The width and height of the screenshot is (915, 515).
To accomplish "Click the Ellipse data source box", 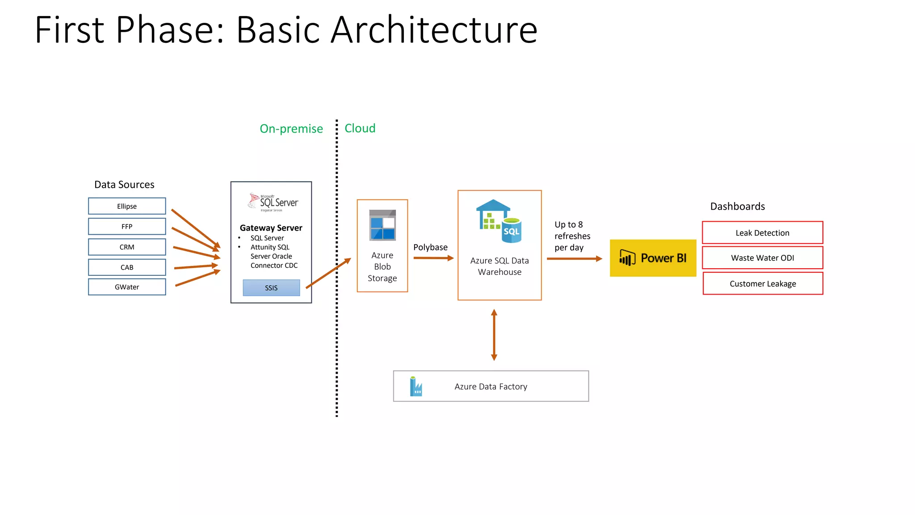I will click(127, 206).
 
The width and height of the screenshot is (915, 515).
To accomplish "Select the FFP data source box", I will click(127, 226).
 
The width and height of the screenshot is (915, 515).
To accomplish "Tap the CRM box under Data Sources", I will click(127, 247).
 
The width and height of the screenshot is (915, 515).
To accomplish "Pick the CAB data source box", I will click(127, 267).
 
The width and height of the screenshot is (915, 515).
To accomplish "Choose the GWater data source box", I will click(127, 287).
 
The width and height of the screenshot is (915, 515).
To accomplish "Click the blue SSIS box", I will click(271, 288).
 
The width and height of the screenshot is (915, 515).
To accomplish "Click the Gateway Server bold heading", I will click(271, 228).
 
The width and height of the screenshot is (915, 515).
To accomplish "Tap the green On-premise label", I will click(291, 129).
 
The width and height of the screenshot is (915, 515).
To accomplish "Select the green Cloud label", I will click(360, 128).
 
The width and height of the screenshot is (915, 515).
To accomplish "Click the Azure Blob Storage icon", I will click(382, 225).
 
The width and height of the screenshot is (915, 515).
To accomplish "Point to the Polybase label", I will click(430, 247).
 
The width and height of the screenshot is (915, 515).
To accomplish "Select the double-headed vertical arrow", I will click(494, 335).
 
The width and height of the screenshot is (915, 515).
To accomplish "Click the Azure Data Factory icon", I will click(416, 386).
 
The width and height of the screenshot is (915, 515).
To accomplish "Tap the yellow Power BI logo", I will click(653, 258).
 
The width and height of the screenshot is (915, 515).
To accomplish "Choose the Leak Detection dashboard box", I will click(762, 232).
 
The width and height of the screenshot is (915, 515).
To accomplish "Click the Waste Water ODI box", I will click(762, 258).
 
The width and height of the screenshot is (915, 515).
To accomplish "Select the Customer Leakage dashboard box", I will click(763, 283).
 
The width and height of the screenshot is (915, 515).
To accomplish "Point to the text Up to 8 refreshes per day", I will click(572, 236).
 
